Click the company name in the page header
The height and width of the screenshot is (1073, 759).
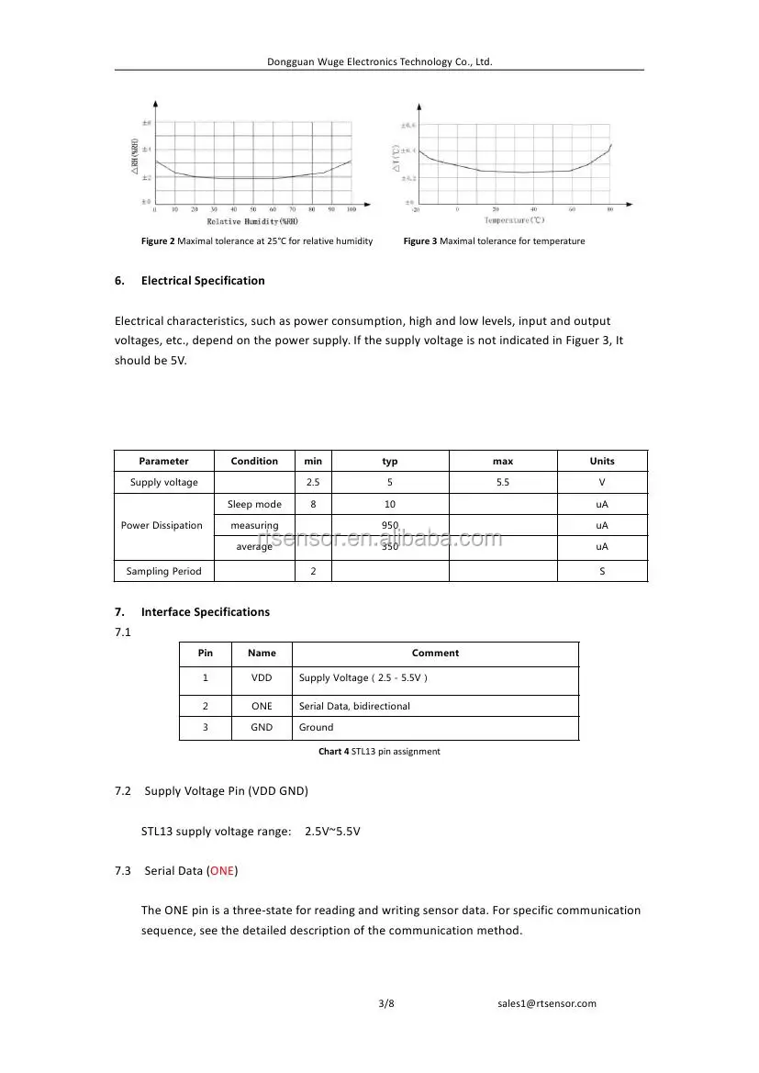[379, 61]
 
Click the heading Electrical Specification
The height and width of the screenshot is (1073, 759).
[202, 281]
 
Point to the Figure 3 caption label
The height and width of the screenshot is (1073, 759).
[420, 241]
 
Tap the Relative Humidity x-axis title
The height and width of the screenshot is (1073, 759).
[252, 221]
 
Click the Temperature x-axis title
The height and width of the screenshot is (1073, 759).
[514, 220]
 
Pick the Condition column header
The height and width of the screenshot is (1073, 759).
[254, 461]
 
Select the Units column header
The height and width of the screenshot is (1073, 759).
[602, 461]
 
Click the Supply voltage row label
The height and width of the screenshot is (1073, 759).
[164, 483]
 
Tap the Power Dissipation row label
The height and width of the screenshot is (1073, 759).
[162, 526]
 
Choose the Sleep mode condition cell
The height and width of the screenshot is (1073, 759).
[254, 505]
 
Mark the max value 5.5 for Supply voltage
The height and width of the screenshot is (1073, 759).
[502, 483]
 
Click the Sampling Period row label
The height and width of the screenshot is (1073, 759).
[163, 571]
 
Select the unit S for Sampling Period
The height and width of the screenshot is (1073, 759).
[602, 571]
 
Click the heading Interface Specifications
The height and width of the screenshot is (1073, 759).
[205, 612]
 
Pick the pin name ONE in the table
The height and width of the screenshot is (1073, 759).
[262, 706]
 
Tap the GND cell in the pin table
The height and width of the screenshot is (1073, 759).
[262, 728]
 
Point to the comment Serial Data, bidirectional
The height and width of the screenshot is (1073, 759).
[354, 706]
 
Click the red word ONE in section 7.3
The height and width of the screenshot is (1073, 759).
[221, 870]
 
